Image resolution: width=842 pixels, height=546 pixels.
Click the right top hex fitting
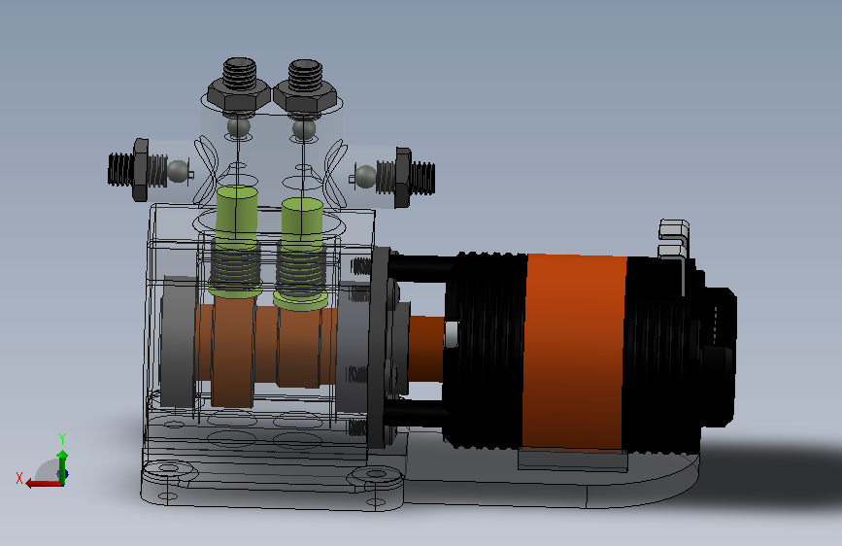coord(305,86)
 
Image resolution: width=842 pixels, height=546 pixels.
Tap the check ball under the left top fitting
coord(239,127)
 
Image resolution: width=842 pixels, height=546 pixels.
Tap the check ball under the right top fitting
coord(304,129)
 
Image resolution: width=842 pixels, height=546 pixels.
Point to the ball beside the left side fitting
coord(179,171)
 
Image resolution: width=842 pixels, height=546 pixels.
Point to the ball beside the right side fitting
coord(366,177)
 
